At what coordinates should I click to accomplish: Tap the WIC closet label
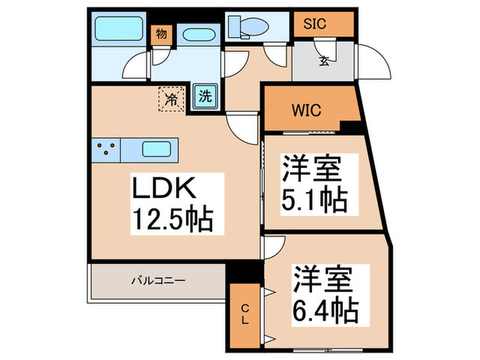[x=306, y=109]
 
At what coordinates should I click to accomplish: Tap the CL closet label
[x=245, y=314]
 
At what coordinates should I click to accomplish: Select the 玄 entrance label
[x=323, y=60]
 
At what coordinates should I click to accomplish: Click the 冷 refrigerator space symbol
[x=172, y=98]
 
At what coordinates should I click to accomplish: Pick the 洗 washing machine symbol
[x=205, y=97]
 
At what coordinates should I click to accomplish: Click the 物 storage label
[x=162, y=34]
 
